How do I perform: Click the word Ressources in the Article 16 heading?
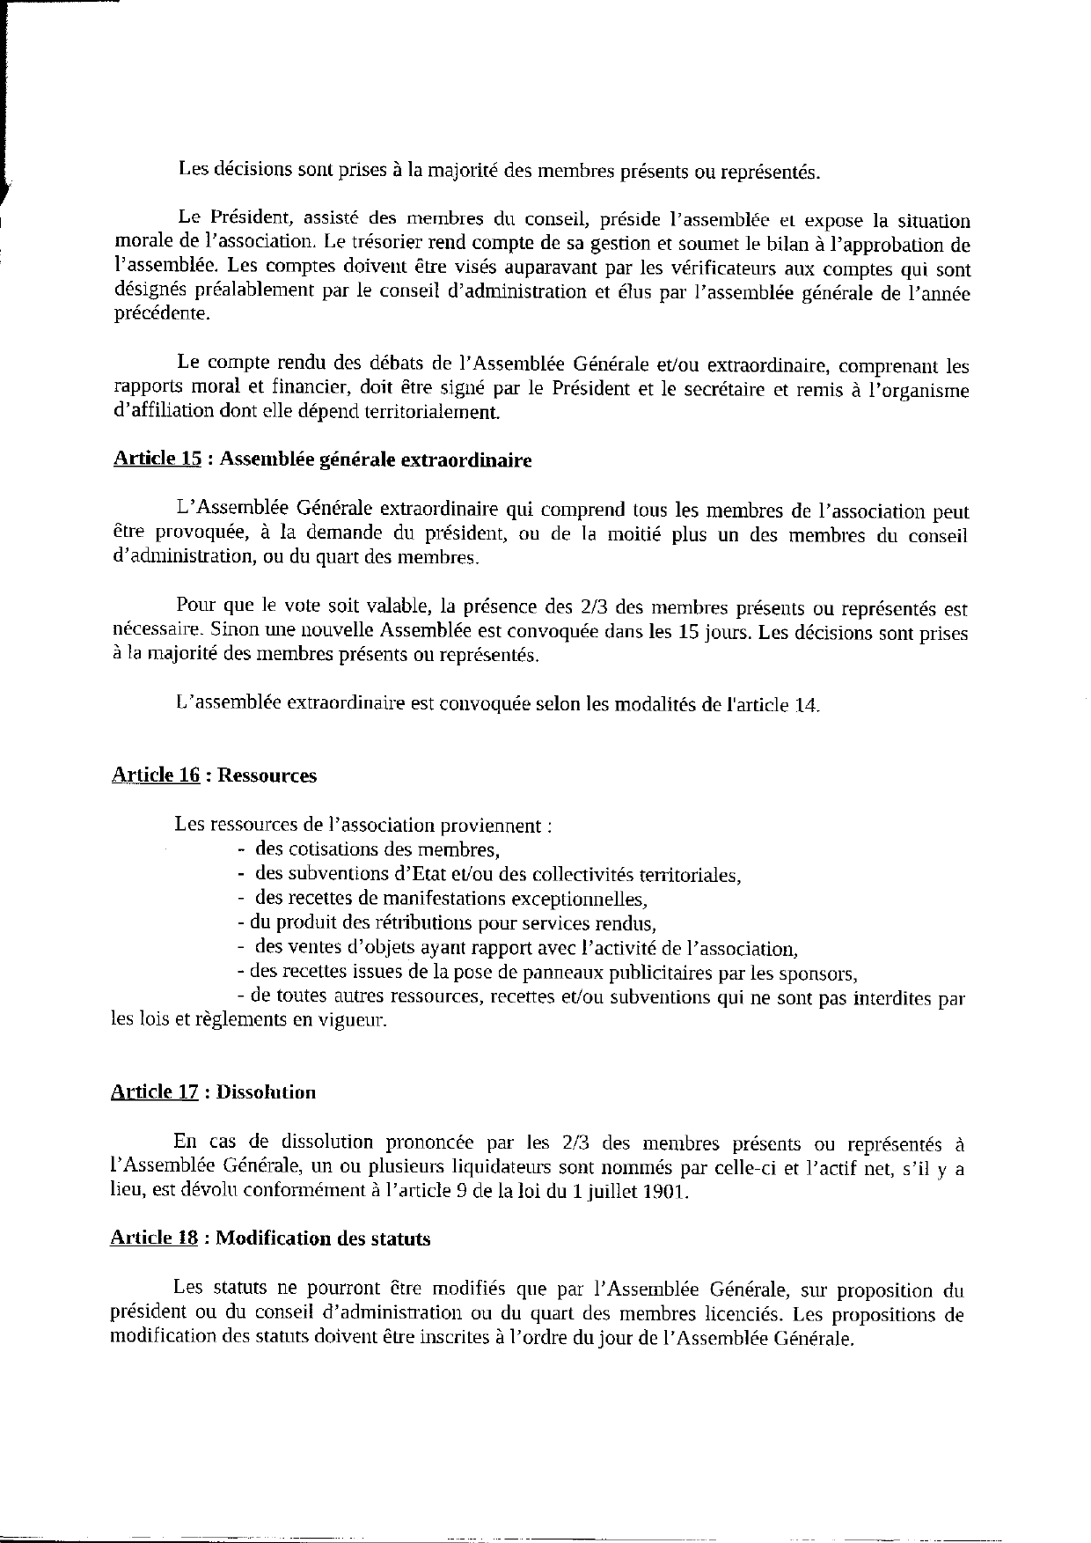(x=267, y=775)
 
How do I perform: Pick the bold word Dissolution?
(x=266, y=1092)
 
